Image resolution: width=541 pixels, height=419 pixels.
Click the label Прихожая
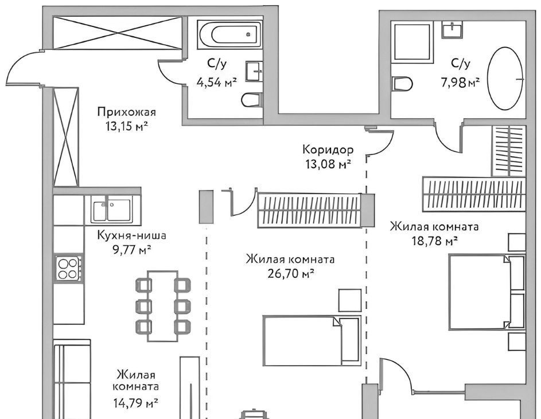(x=127, y=112)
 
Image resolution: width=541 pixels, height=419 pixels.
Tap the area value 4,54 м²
(x=217, y=82)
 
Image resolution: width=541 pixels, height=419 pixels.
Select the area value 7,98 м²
(x=460, y=83)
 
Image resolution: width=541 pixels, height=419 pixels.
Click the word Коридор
(x=328, y=150)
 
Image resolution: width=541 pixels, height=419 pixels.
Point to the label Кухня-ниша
(x=132, y=235)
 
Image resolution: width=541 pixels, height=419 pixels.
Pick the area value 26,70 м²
(x=290, y=274)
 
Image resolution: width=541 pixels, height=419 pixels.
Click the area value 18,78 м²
(x=435, y=240)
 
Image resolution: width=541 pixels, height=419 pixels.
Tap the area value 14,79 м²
(x=135, y=402)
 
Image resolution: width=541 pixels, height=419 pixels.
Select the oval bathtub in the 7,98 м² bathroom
(x=505, y=79)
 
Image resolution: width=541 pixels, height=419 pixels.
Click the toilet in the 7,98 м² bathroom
(x=402, y=84)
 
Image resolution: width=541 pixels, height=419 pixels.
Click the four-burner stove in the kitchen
(x=69, y=269)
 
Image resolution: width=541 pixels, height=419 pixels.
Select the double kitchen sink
(x=111, y=209)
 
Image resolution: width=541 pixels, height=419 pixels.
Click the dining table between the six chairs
(x=162, y=306)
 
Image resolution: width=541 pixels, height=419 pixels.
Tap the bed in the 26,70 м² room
(x=312, y=340)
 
